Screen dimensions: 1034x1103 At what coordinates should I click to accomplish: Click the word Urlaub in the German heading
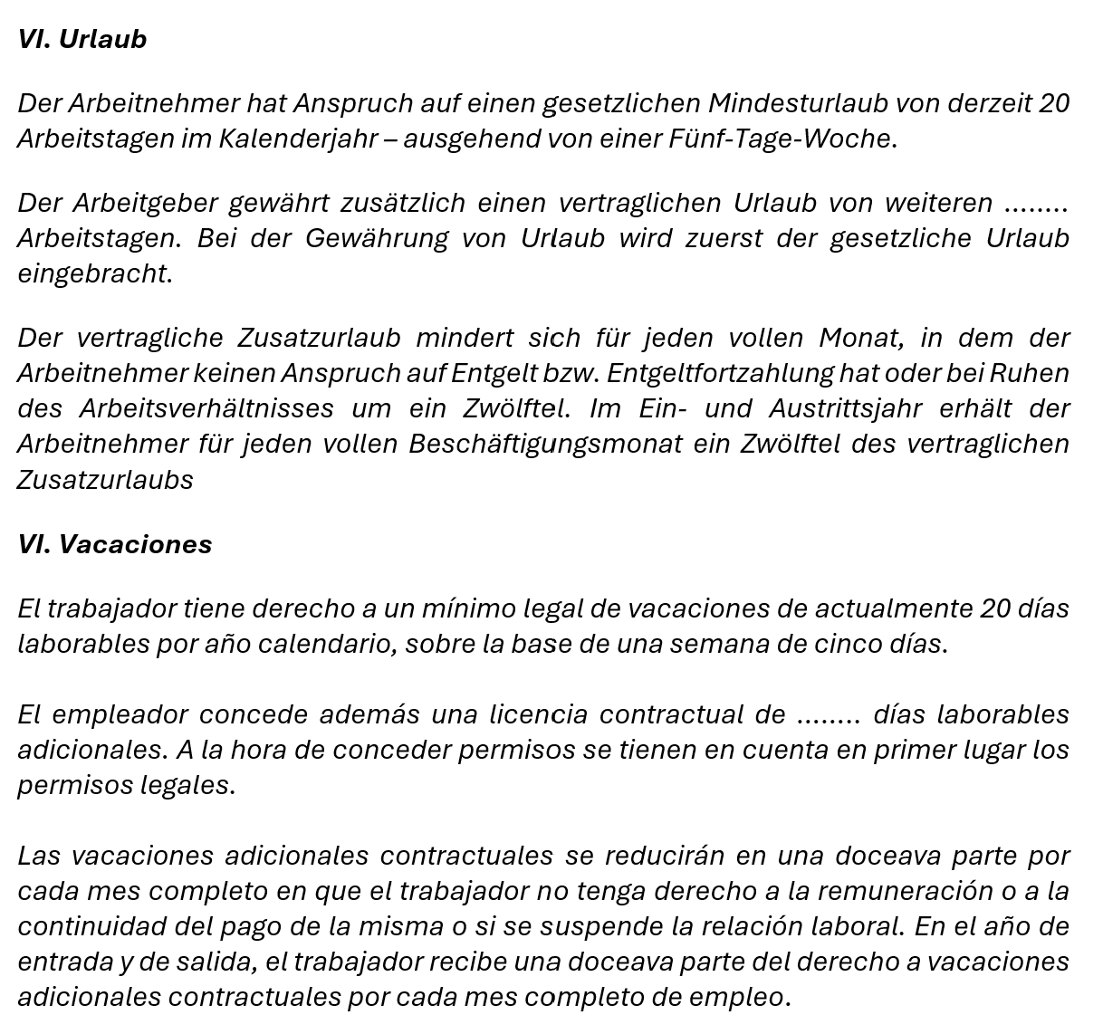coord(102,39)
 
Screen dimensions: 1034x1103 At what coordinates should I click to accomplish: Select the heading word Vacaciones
coord(135,544)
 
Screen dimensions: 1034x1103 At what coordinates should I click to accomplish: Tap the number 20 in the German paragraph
coord(1054,103)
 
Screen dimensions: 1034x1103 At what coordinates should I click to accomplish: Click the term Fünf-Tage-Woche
coord(780,139)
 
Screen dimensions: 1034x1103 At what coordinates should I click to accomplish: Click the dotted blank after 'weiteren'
coord(1037,203)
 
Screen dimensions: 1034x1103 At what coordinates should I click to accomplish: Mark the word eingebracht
coord(93,273)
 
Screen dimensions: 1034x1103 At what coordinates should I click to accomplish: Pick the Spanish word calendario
coord(327,644)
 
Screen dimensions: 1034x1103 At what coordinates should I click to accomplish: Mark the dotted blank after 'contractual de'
coord(828,714)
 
